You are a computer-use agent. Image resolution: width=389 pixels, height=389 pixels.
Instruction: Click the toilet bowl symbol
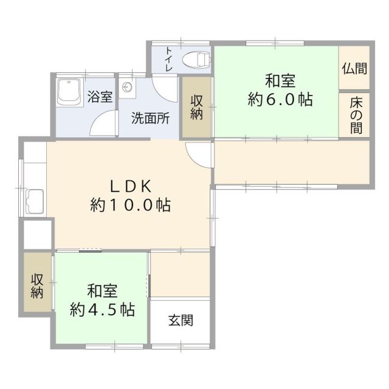click(197, 60)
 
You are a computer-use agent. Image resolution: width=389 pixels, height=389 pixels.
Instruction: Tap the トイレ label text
click(169, 60)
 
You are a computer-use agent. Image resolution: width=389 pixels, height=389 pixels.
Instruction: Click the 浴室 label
click(100, 96)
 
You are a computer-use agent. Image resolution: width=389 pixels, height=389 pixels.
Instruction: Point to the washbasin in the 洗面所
click(128, 88)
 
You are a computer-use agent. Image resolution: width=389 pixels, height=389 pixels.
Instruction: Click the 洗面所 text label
click(151, 118)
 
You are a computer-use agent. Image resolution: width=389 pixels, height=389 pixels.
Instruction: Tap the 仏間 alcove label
click(354, 68)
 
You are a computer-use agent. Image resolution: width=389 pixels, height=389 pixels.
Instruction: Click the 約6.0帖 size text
click(280, 100)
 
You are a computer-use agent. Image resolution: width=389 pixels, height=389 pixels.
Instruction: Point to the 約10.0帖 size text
click(130, 205)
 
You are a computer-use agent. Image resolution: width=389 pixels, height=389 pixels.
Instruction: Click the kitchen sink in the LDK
click(35, 201)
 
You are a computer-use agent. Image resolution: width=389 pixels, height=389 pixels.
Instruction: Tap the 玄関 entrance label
click(181, 320)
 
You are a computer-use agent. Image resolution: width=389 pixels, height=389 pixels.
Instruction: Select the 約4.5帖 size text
click(102, 309)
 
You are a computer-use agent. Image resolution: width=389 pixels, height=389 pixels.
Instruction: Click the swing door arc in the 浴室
click(101, 125)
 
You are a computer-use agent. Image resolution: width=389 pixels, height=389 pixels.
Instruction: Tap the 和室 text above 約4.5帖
click(102, 290)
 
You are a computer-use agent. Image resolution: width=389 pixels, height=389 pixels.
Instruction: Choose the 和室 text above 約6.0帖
click(280, 80)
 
